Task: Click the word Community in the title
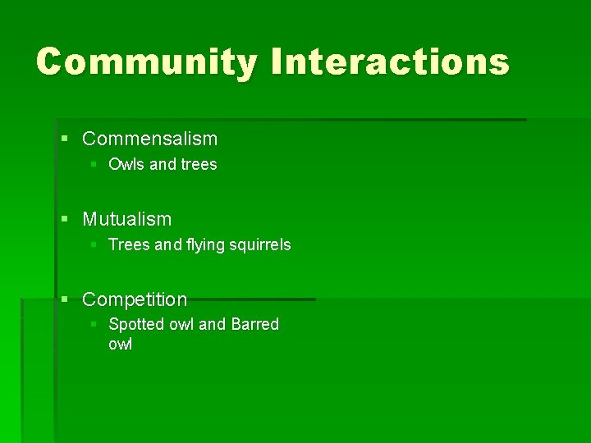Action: point(146,62)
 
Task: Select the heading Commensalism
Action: point(150,139)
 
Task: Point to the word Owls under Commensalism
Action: point(126,164)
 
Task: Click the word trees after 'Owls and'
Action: point(199,164)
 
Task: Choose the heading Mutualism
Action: point(127,219)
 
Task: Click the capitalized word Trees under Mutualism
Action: point(127,244)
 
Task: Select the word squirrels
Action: point(260,245)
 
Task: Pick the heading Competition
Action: point(135,299)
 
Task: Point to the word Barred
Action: point(254,324)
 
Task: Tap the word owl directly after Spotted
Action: point(181,324)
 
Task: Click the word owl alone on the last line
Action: point(120,344)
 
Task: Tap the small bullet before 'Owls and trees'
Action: point(94,164)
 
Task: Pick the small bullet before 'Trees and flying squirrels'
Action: point(94,244)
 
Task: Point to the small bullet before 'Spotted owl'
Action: point(94,324)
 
